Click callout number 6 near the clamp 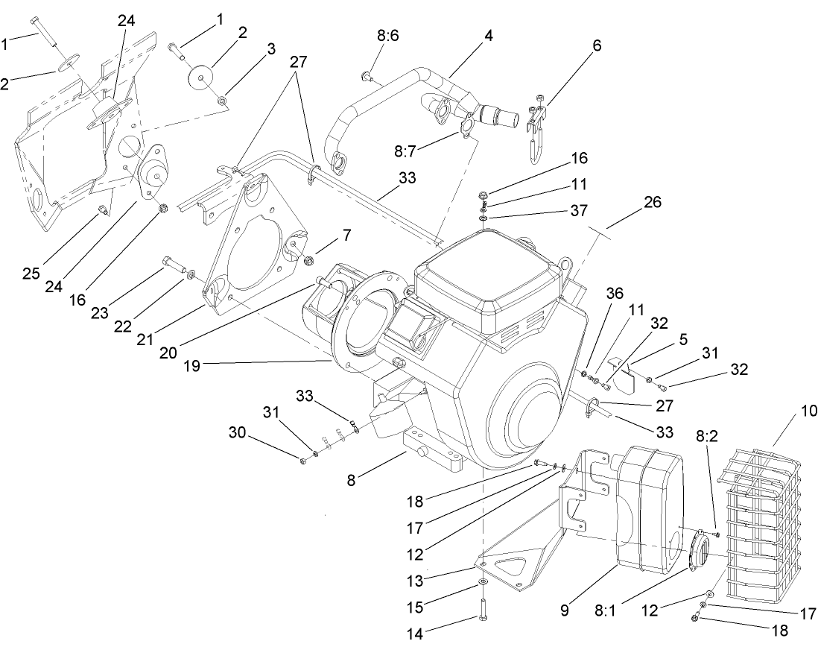point(597,45)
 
